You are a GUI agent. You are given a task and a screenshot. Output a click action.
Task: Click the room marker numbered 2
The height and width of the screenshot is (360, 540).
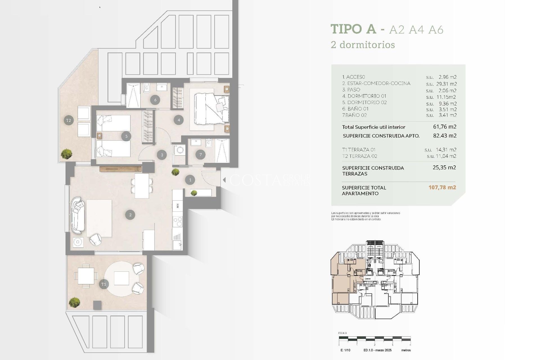pyautogui.click(x=130, y=215)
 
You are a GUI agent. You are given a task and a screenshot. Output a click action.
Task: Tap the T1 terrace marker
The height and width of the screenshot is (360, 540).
pyautogui.click(x=103, y=284)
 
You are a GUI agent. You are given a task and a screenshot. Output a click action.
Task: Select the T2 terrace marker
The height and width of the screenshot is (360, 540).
pyautogui.click(x=69, y=120)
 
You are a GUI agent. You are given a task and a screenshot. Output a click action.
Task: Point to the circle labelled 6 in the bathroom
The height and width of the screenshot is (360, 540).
pyautogui.click(x=155, y=100)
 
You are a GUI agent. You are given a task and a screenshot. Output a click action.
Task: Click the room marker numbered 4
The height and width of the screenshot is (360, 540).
pyautogui.click(x=179, y=120)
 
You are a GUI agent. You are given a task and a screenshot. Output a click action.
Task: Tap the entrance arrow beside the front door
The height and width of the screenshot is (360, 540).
pyautogui.click(x=224, y=180)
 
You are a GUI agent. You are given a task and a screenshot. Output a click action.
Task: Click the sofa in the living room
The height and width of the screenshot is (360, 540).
pyautogui.click(x=78, y=215)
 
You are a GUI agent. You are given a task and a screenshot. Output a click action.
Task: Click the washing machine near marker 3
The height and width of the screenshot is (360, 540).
pyautogui.click(x=179, y=150)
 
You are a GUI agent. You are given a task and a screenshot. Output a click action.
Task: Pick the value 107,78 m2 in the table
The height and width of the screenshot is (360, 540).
pyautogui.click(x=442, y=187)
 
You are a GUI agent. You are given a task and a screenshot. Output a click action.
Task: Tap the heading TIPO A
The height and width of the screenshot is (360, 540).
pyautogui.click(x=353, y=29)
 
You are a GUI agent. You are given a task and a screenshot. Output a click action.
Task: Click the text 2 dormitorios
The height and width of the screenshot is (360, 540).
pyautogui.click(x=363, y=45)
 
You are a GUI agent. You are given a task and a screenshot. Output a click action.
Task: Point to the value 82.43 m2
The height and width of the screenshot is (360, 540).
pyautogui.click(x=445, y=136)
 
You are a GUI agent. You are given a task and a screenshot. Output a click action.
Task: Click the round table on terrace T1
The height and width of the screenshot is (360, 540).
pyautogui.click(x=121, y=278)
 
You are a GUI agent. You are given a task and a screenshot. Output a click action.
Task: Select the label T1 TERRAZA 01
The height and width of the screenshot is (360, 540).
pyautogui.click(x=359, y=150)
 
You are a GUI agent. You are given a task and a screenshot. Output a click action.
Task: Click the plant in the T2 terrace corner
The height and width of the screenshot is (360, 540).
pyautogui.click(x=67, y=154)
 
